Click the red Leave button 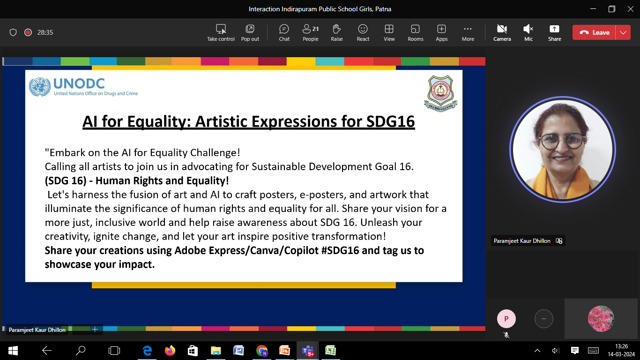tap(594, 32)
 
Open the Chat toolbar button tap(284, 33)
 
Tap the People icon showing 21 tap(311, 33)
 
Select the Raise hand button tap(336, 33)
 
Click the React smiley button tap(363, 33)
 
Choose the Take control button tap(221, 33)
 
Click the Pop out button tap(250, 33)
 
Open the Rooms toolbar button tap(415, 33)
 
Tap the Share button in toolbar tap(554, 33)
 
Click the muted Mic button tap(528, 33)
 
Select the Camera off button tap(502, 33)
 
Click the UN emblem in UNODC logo tap(40, 87)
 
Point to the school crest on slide tap(440, 93)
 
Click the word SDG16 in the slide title tap(390, 121)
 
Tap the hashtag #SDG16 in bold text tap(340, 250)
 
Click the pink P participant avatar tap(506, 319)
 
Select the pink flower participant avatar tap(601, 319)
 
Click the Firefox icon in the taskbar tap(170, 350)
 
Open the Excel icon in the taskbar tap(331, 350)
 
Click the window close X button tap(630, 9)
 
